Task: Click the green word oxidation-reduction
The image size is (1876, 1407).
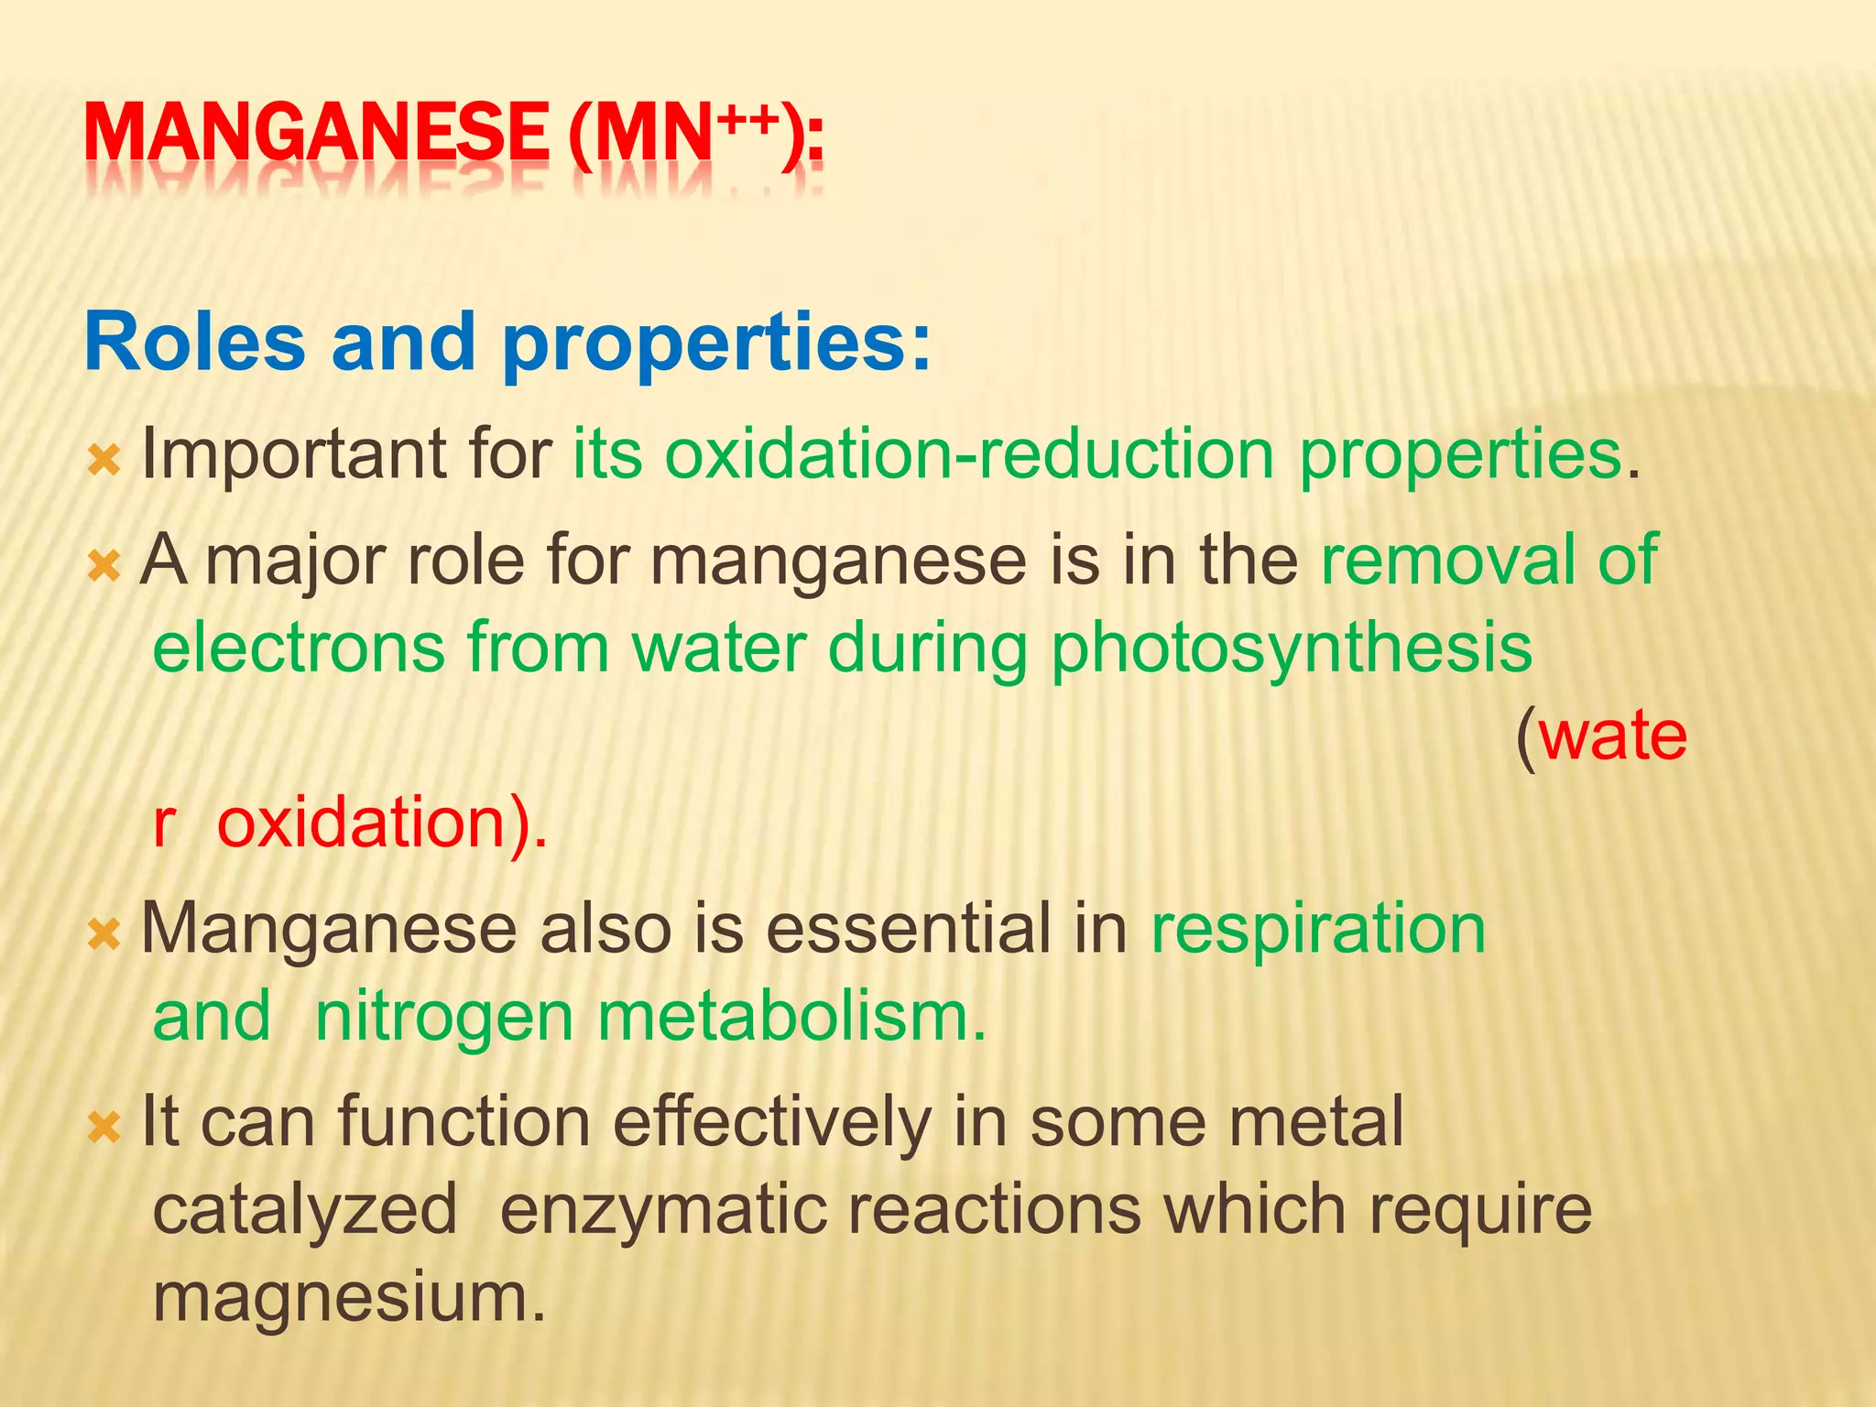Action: (969, 454)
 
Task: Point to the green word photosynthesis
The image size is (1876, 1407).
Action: (1291, 649)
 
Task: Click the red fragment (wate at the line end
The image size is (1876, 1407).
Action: (1601, 736)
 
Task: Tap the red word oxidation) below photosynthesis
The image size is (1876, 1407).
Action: (381, 823)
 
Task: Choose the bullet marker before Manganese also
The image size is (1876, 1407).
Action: (104, 935)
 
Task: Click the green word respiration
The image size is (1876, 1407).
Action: (1318, 930)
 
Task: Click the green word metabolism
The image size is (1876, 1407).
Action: (791, 1017)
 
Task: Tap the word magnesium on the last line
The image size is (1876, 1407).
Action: (348, 1299)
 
